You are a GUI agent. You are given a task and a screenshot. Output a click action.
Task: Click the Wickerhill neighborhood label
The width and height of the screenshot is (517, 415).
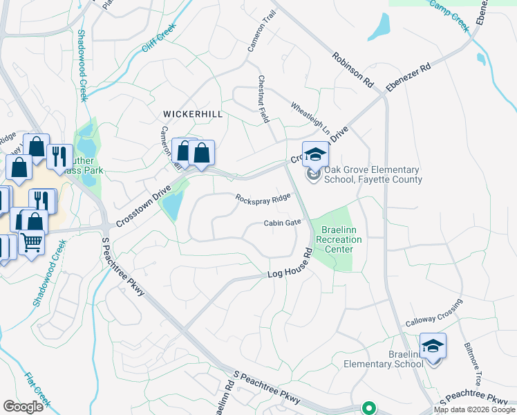pos(192,114)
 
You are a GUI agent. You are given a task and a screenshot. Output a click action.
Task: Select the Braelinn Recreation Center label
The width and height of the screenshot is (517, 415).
pos(338,239)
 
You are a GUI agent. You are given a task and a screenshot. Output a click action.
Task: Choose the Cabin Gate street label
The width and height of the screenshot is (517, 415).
pos(282,223)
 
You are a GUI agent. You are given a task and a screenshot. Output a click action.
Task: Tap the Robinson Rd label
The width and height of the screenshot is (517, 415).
pos(352,70)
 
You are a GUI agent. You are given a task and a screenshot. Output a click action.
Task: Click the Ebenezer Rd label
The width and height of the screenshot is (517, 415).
pos(408,77)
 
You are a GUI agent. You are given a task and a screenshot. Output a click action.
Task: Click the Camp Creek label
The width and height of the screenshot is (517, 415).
pos(449,15)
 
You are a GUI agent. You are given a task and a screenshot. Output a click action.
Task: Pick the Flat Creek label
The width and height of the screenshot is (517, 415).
pos(37,389)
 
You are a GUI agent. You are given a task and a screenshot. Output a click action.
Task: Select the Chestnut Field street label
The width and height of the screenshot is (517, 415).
pos(263,98)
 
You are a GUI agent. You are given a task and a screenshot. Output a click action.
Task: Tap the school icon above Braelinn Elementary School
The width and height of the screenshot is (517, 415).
pos(433,345)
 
